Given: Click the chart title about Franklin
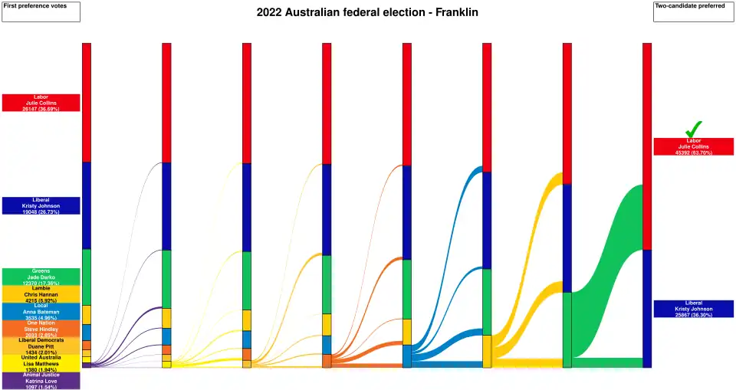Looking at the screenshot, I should click(367, 13).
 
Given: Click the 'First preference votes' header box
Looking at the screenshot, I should click(41, 11).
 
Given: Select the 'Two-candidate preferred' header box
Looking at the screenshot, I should click(694, 11).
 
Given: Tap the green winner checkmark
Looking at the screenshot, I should click(693, 129).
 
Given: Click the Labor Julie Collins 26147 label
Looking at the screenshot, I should click(41, 103).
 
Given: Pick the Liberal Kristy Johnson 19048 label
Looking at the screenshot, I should click(41, 205).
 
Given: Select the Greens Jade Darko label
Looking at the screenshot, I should click(41, 277).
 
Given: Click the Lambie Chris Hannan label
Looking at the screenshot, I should click(41, 294).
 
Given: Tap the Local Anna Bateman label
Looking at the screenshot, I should click(41, 311).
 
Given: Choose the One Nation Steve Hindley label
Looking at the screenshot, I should click(41, 329).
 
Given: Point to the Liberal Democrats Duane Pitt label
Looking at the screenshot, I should click(41, 346).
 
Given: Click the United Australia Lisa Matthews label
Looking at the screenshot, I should click(41, 363).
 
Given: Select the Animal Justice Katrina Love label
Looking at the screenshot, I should click(41, 380).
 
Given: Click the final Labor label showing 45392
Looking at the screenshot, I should click(693, 147).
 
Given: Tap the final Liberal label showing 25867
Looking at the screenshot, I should click(693, 309).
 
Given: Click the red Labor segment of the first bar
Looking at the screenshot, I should click(87, 102).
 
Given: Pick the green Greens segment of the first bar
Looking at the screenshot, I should click(87, 277).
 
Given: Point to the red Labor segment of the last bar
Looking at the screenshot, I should click(647, 146).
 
